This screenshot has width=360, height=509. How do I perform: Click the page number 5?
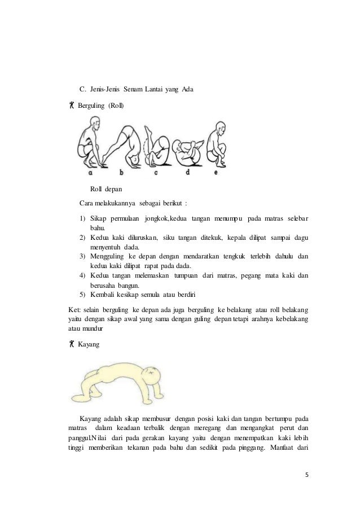[x=308, y=474]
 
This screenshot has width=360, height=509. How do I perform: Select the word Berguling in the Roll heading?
[x=91, y=106]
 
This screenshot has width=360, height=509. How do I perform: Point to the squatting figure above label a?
[x=89, y=143]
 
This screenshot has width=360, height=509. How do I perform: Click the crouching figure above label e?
[x=217, y=144]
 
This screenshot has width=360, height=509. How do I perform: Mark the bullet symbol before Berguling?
[x=65, y=106]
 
